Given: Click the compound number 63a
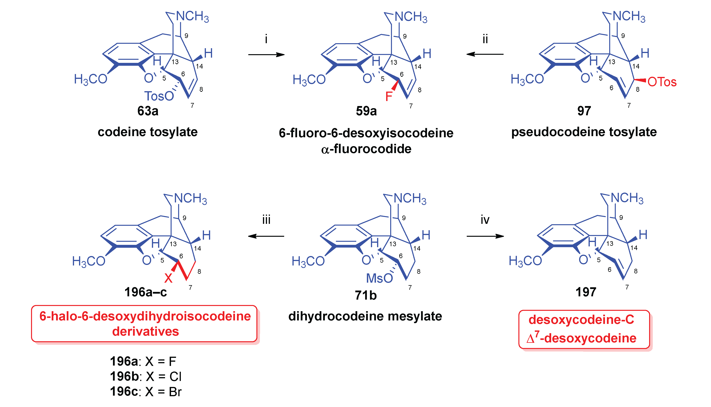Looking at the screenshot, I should pos(148,111).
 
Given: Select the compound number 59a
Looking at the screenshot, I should pos(366,111).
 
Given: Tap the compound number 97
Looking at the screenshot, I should pos(584,111).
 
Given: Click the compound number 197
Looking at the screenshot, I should pos(586,292).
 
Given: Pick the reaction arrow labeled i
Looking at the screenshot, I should pos(266,55).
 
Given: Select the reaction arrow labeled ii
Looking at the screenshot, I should pos(485,54).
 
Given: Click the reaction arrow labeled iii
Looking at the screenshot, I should pos(266,236).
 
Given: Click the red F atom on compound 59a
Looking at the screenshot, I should pos(389,96).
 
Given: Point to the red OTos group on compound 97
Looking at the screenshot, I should pos(662,82).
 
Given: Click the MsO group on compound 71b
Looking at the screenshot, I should pos(379,278).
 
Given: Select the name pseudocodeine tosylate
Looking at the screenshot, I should pos(584,132).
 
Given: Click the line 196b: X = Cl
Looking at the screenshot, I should pos(146,377).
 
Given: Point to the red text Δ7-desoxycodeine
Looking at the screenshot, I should pos(581,338).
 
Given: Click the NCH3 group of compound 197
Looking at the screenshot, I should pos(627,198).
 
